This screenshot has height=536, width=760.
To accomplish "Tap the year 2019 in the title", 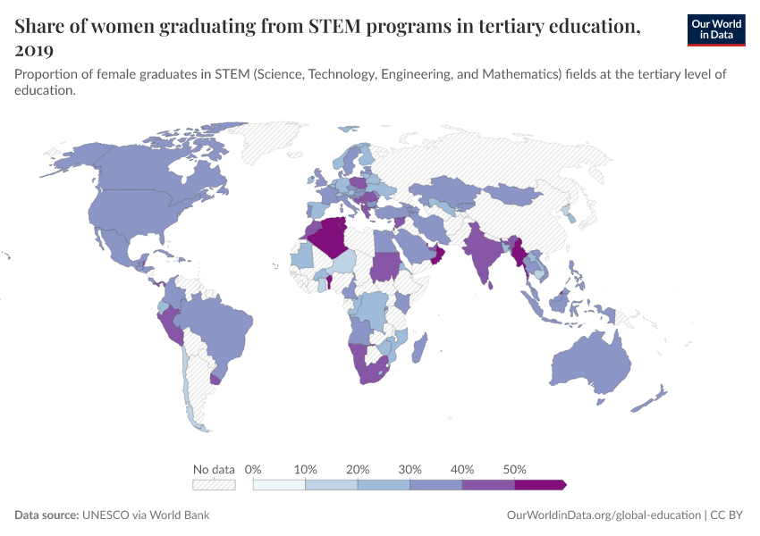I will pos(34,50).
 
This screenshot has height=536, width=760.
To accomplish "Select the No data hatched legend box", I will pos(214,485).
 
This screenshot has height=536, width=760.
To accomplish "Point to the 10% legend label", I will pos(306,469).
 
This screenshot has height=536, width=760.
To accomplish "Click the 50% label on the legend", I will pos(515,469).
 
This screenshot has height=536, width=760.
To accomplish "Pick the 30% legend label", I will pos(410,469).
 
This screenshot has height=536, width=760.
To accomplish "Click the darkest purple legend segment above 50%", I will pos(539,485).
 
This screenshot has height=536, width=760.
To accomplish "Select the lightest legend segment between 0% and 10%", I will pos(279,485).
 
